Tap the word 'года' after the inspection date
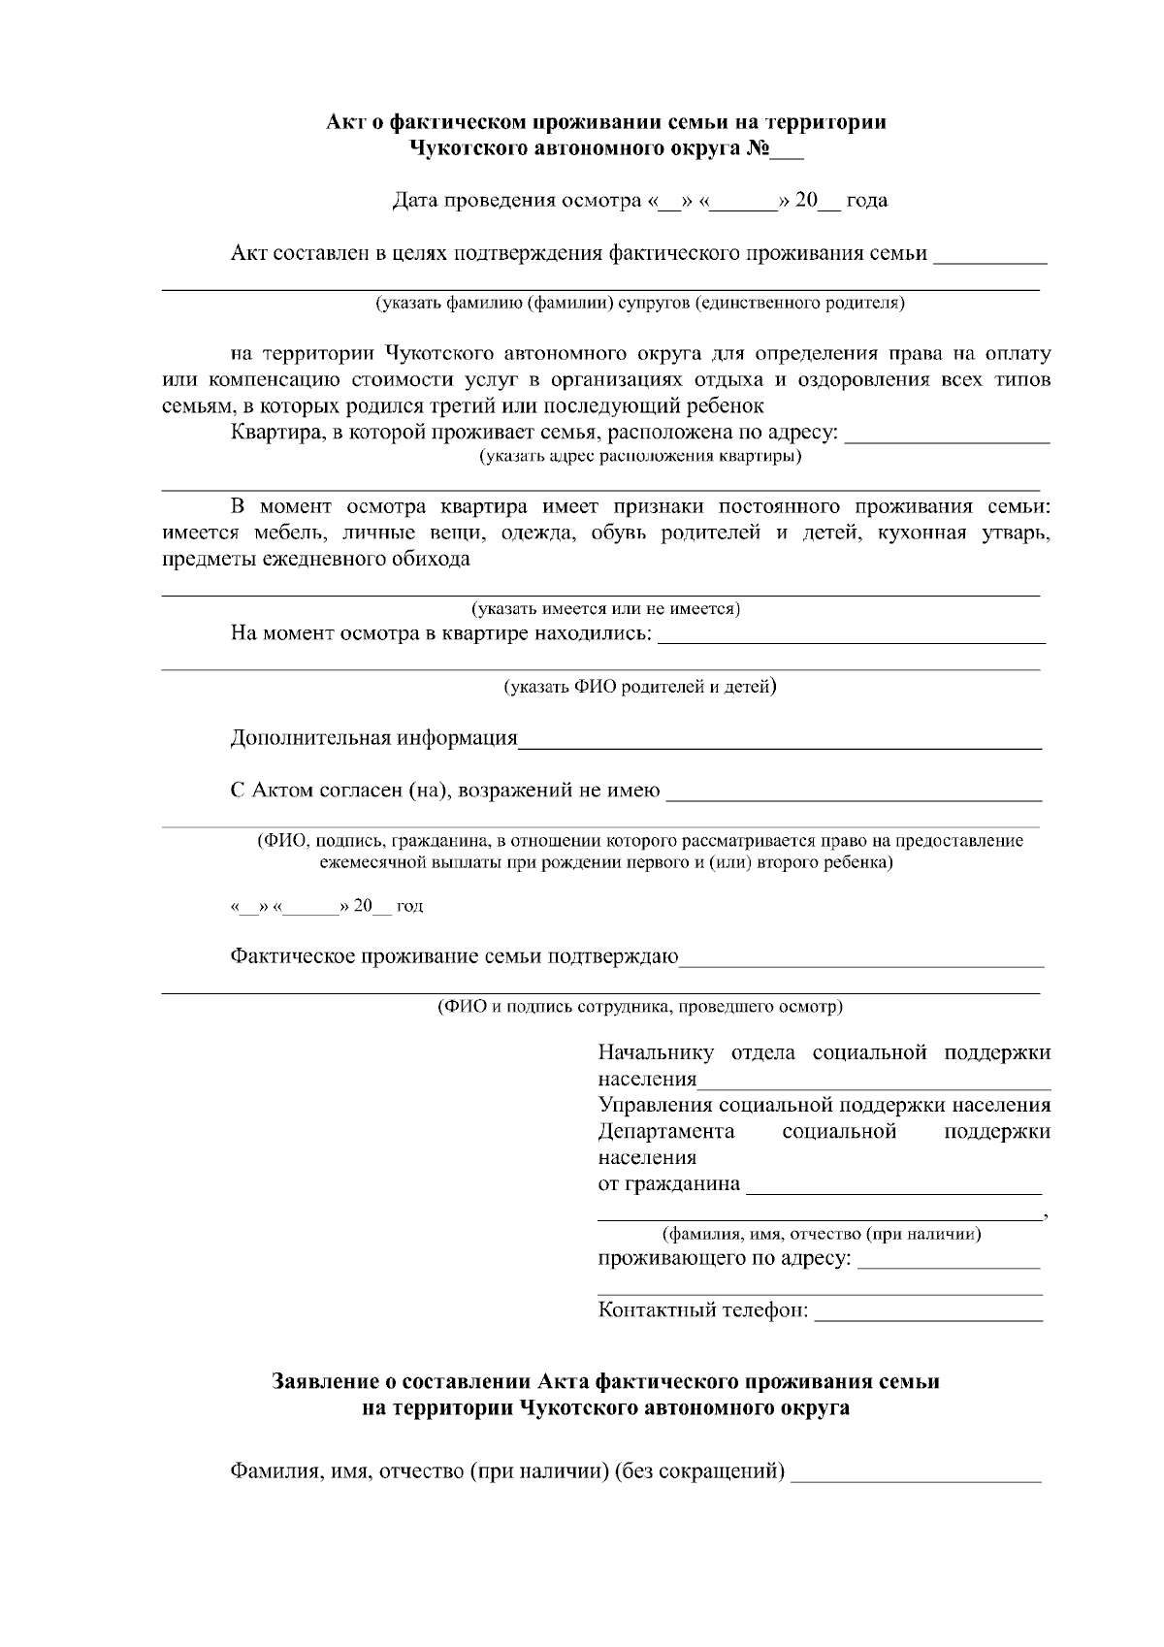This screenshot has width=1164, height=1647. click(x=866, y=201)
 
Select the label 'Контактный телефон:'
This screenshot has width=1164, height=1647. click(x=703, y=1310)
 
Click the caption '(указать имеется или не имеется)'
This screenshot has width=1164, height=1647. click(x=606, y=609)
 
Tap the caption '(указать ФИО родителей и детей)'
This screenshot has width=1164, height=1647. click(x=640, y=687)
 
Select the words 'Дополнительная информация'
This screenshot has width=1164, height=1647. click(x=373, y=738)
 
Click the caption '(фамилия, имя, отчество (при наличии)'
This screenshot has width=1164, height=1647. click(x=821, y=1235)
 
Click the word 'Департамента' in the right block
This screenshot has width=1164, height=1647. click(x=666, y=1132)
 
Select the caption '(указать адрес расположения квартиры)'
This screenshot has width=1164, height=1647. click(x=641, y=456)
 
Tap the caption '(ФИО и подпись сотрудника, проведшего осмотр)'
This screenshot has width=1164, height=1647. click(x=640, y=1007)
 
